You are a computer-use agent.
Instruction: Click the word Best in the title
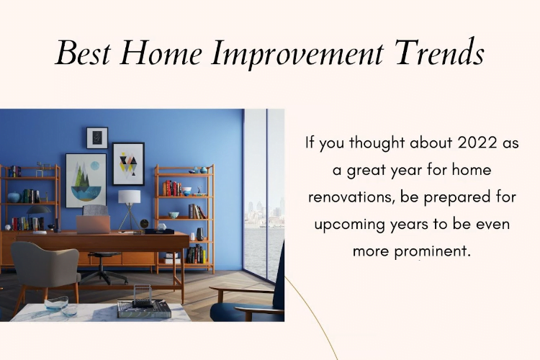click(83, 53)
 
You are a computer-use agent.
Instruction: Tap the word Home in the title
click(161, 53)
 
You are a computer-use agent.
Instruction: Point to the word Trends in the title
click(439, 53)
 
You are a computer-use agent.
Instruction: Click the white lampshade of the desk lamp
click(129, 197)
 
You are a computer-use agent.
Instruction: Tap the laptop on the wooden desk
click(94, 224)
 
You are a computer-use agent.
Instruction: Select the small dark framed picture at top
click(97, 138)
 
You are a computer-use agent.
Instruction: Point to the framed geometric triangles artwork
click(128, 164)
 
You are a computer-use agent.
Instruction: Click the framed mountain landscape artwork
click(86, 181)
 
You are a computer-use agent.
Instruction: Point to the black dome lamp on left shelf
click(39, 209)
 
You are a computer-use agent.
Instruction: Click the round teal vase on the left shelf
click(14, 197)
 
